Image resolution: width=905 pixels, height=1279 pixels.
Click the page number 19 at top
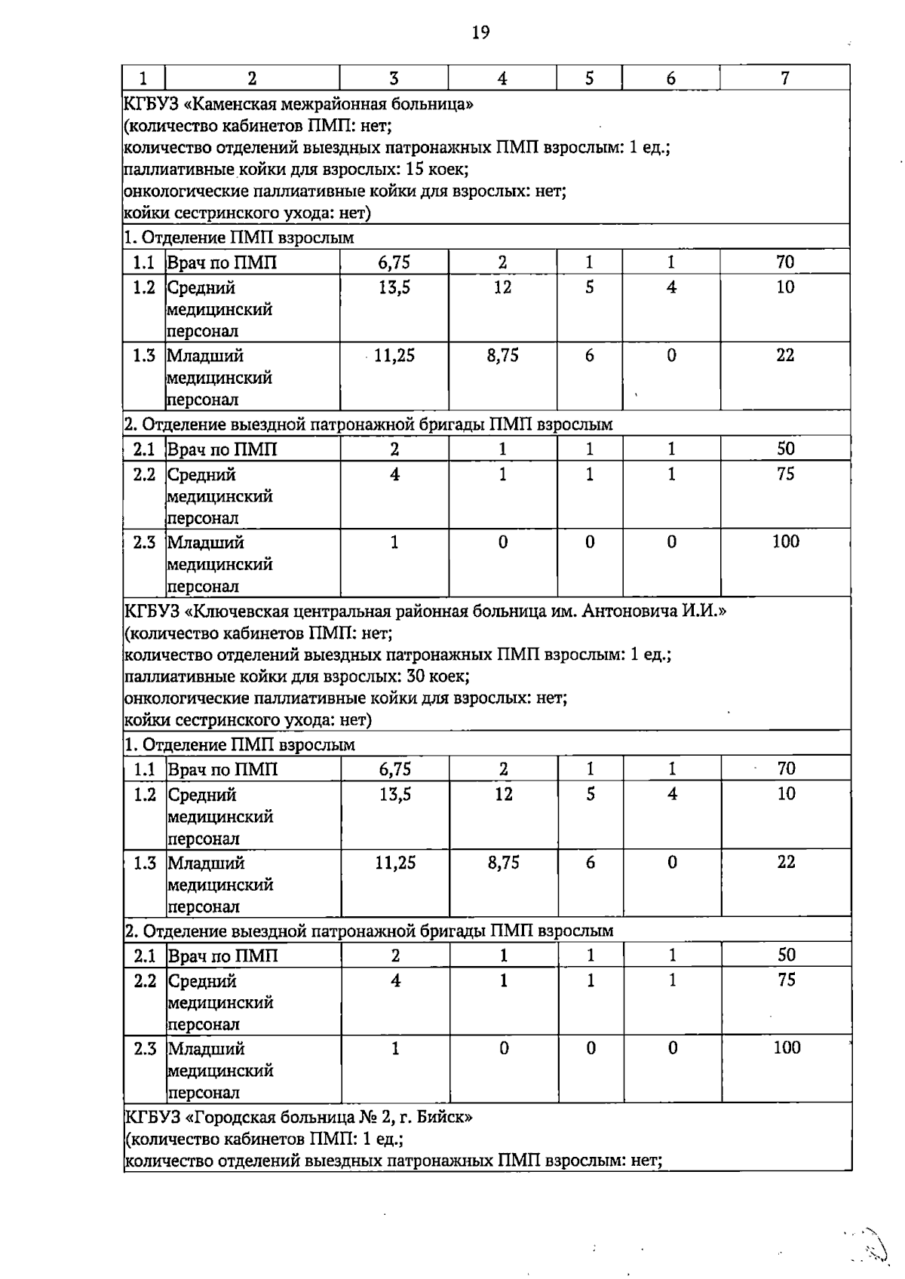(x=480, y=32)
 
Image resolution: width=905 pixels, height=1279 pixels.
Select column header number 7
(x=785, y=78)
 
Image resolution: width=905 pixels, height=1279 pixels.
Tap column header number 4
(x=502, y=78)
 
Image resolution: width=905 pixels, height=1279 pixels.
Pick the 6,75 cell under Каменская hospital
(x=394, y=262)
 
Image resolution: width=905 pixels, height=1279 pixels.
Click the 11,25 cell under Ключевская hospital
(x=395, y=863)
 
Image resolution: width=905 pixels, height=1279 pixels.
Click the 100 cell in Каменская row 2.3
(x=785, y=541)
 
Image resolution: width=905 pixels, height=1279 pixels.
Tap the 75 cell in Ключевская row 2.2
(x=786, y=980)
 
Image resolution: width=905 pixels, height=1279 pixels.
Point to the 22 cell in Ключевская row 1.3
(x=786, y=862)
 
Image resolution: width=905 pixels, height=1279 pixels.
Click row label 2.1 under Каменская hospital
(x=144, y=449)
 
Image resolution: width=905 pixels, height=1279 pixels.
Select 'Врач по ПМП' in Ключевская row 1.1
(x=222, y=769)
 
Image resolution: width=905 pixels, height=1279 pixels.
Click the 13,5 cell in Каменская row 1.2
(x=394, y=287)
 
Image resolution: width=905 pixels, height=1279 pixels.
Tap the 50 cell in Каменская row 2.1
(x=785, y=449)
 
